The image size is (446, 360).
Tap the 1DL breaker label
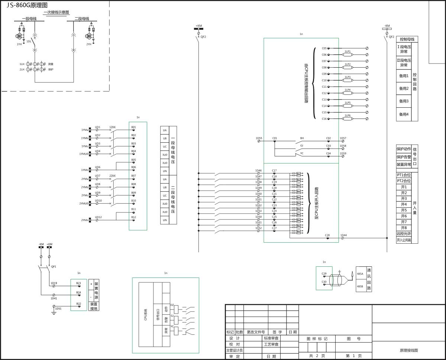(29, 41)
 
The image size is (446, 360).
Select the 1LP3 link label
(348, 77)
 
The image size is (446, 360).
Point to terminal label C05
(324, 48)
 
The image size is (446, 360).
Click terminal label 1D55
(259, 138)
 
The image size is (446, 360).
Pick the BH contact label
(302, 138)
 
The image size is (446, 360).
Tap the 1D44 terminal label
(343, 235)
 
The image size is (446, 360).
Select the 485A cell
(360, 273)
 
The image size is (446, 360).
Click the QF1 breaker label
(54, 266)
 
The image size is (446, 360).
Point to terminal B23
(78, 283)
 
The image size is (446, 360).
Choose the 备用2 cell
(404, 88)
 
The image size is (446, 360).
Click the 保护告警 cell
(404, 157)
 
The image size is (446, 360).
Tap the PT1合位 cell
(404, 175)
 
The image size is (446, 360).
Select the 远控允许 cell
(404, 234)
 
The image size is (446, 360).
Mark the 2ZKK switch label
(112, 176)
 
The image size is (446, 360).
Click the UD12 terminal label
(98, 217)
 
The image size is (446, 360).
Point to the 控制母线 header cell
(407, 39)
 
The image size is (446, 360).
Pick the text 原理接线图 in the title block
(409, 350)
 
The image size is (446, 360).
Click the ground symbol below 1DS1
(54, 313)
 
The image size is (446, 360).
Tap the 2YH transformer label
(88, 44)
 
